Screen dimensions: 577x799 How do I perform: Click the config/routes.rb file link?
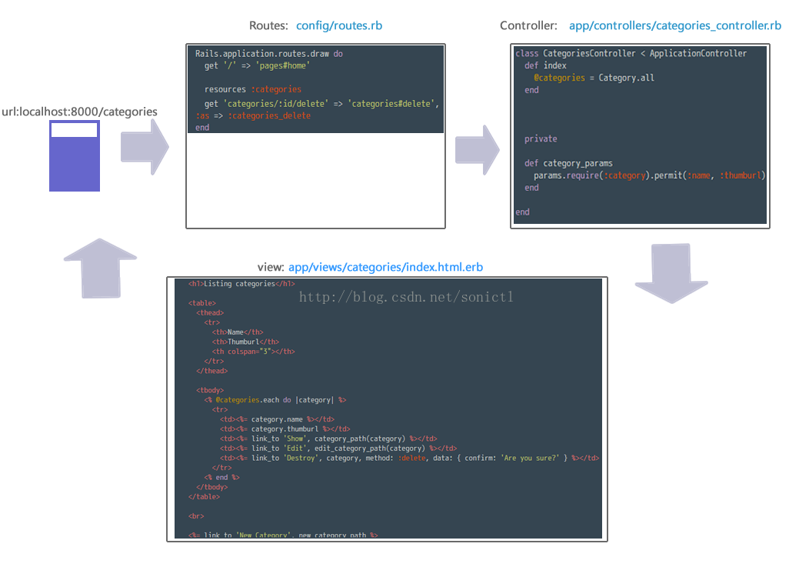coord(339,25)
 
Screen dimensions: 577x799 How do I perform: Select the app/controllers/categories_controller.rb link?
coord(674,25)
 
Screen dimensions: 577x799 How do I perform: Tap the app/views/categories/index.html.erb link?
coord(385,267)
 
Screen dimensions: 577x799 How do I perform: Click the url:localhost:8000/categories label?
coord(79,112)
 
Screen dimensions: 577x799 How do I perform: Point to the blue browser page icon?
coord(75,156)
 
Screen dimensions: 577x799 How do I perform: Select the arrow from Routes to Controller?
coord(477,146)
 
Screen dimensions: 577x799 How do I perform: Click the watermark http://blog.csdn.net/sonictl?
coord(405,297)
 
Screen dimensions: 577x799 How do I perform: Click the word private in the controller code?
coord(541,139)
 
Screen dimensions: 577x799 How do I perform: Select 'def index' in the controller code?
coord(545,65)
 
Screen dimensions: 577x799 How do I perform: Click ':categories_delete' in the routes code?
coord(269,115)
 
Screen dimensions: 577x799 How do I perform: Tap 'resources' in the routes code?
coord(225,89)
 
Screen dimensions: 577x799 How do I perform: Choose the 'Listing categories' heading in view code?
coord(239,284)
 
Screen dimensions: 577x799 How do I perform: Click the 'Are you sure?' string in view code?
coord(530,458)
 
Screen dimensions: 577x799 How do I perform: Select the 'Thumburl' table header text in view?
coord(245,342)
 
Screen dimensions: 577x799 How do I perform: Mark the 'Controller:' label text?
coord(528,25)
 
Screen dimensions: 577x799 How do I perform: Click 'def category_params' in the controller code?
coord(568,163)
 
